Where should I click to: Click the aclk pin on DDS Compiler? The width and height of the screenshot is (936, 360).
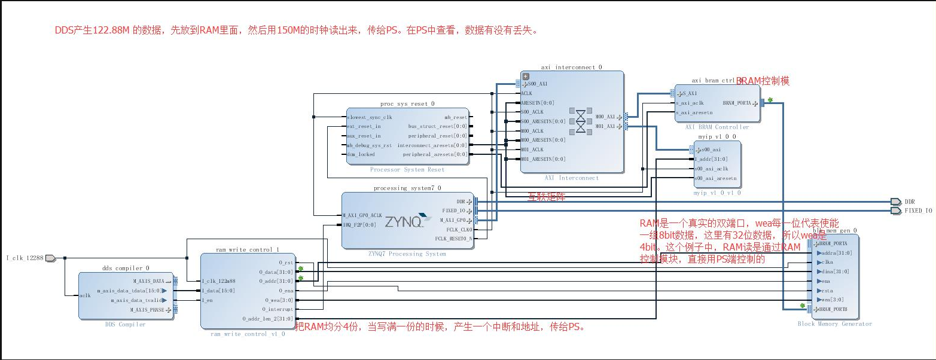coord(85,295)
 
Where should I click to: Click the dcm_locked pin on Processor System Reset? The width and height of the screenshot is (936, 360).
coord(361,154)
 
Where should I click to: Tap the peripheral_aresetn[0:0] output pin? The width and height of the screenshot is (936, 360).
coord(435,154)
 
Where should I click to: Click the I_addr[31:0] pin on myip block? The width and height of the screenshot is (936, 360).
coord(711,159)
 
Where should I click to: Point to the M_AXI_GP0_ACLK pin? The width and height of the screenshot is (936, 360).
coord(362,215)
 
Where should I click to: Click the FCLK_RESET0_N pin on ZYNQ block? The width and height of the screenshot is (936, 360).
coord(454,239)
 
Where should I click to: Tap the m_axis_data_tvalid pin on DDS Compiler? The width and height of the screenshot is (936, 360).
coord(138,300)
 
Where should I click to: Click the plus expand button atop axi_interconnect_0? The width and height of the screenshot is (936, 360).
coord(526,76)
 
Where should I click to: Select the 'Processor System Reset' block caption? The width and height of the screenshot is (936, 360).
coord(407,170)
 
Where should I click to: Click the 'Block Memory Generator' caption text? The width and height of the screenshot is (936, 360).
coord(834,324)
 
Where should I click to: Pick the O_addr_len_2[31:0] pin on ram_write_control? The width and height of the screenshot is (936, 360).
coord(267,319)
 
